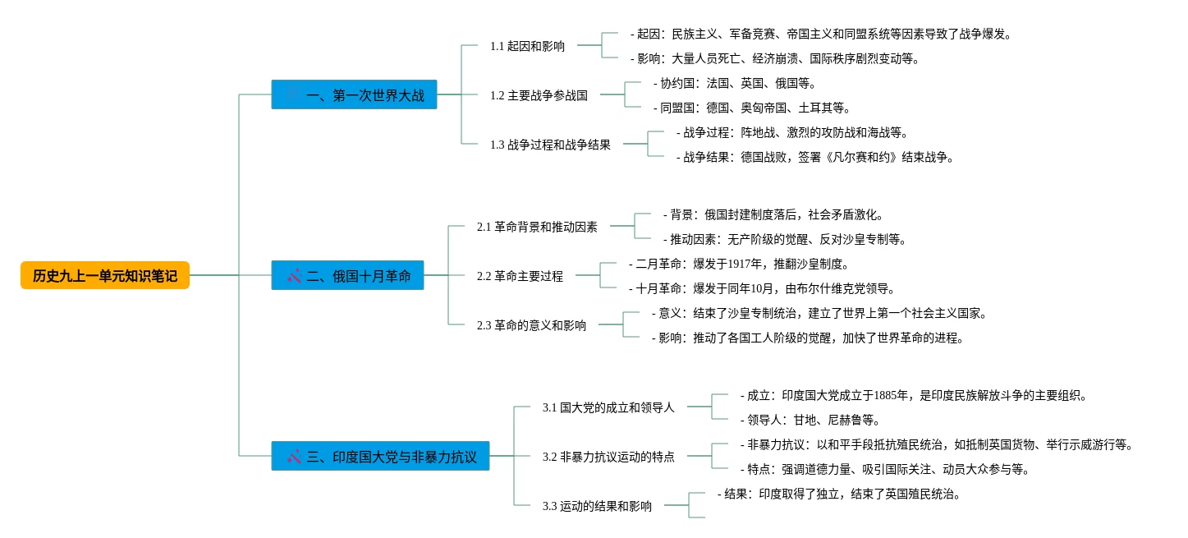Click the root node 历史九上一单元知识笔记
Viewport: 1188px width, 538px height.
(x=105, y=275)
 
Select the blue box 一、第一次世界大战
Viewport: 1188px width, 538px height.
(x=354, y=94)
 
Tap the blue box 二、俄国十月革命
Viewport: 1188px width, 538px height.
(x=347, y=275)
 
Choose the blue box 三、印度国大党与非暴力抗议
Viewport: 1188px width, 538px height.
(x=380, y=456)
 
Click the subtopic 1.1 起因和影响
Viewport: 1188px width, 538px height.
(x=527, y=46)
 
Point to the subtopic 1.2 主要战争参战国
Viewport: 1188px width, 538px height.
(x=539, y=95)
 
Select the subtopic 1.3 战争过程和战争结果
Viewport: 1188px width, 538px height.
(x=550, y=145)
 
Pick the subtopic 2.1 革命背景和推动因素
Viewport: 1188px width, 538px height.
(x=537, y=227)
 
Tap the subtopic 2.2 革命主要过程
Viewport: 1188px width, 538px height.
(x=520, y=276)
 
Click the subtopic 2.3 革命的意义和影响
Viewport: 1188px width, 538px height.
(x=531, y=325)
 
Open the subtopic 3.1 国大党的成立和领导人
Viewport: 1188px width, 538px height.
(x=608, y=407)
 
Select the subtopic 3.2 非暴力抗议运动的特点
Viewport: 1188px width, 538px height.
(x=608, y=457)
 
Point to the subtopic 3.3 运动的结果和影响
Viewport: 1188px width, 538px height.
(x=597, y=506)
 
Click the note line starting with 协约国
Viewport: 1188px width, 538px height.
(x=734, y=83)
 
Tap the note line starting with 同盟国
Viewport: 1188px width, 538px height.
(x=751, y=108)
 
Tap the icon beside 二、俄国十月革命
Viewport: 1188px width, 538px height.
(x=294, y=276)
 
